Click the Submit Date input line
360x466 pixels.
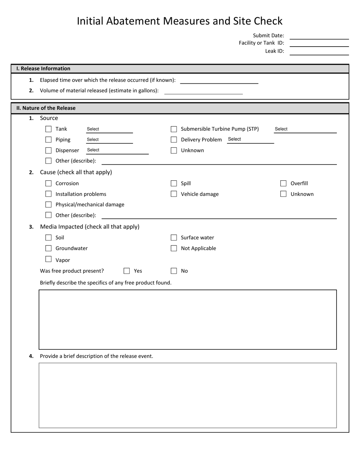[x=319, y=36]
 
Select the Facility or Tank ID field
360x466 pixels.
[x=319, y=43]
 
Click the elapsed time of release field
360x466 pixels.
[x=219, y=80]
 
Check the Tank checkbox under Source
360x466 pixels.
[x=49, y=129]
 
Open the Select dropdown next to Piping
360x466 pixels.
[x=109, y=140]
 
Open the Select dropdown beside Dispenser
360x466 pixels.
[x=117, y=150]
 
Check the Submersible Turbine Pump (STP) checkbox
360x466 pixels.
[x=174, y=129]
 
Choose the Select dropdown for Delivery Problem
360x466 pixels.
[x=250, y=139]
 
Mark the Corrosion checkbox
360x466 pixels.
[x=49, y=183]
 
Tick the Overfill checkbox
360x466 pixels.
[x=283, y=183]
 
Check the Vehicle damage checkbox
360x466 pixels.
[x=174, y=194]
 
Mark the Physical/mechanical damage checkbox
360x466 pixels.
[x=49, y=205]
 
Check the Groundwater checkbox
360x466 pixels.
[x=49, y=249]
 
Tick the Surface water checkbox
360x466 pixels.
[x=174, y=238]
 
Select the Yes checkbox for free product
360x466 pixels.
[x=127, y=271]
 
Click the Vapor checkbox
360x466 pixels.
[x=49, y=260]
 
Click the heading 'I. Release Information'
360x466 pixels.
[x=43, y=69]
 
